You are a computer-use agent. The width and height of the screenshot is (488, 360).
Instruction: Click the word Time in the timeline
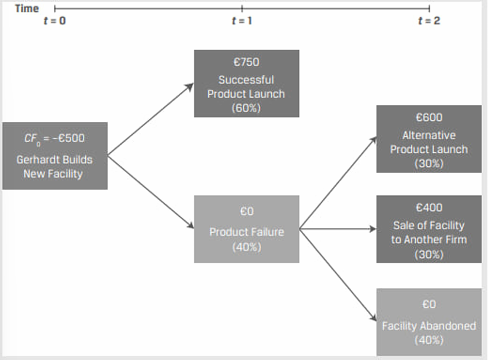coord(27,9)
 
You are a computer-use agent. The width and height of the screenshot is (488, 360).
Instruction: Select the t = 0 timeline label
coord(54,21)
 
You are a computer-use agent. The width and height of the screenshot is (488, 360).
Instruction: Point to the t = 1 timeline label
coord(242,21)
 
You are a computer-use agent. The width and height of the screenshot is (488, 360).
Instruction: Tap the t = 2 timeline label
coord(429,21)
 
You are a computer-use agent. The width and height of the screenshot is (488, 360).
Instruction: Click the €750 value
coord(246,62)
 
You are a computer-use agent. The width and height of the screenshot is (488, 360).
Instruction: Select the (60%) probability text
coord(246,108)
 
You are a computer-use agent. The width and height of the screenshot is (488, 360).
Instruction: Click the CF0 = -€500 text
coord(54,138)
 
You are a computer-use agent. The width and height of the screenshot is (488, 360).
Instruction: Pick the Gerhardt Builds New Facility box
coord(54,156)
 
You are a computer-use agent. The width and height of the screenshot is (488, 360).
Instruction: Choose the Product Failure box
coord(246,229)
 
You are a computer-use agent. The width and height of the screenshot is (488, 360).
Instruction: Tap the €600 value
coord(429,118)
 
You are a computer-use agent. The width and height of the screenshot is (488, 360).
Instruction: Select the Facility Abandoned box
coord(429,322)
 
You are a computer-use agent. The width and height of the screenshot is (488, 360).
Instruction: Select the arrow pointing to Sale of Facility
coord(338,229)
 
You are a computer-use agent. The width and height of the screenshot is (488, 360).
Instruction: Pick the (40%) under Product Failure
coord(246,247)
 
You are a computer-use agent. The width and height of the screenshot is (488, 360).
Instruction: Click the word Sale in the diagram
coord(403,226)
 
